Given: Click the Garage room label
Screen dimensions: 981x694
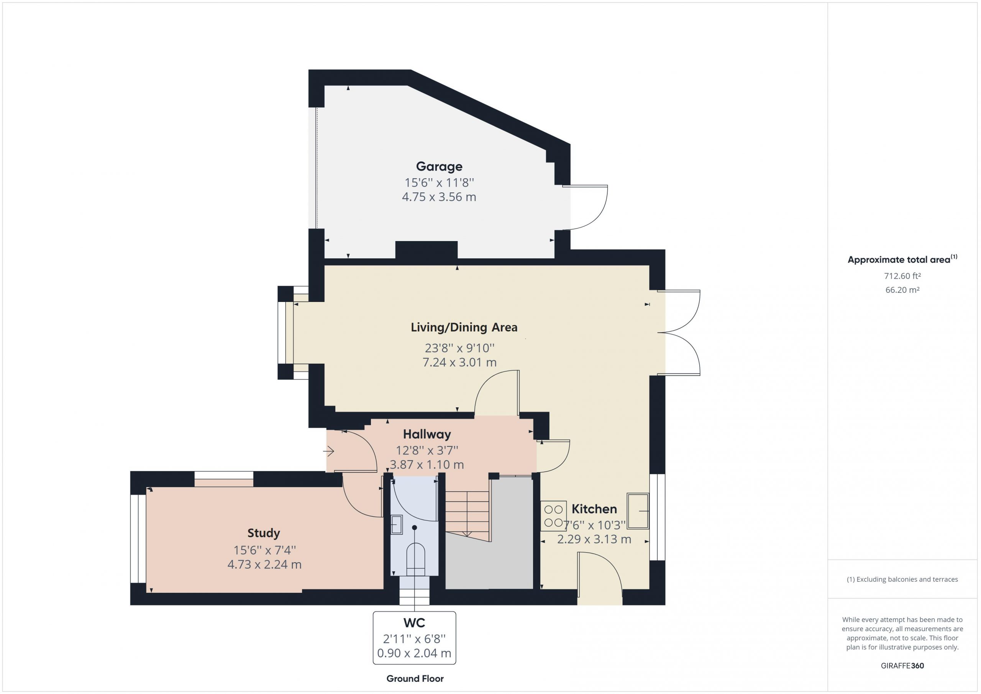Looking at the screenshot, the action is [x=439, y=167].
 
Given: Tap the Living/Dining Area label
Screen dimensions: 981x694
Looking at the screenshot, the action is [x=464, y=327].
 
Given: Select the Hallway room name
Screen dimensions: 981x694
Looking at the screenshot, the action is [x=427, y=435].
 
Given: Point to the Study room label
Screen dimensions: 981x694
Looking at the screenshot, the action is [x=264, y=533].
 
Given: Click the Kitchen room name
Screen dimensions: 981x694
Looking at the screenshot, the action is [x=594, y=509].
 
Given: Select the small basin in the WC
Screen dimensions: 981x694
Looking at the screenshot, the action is [x=397, y=524].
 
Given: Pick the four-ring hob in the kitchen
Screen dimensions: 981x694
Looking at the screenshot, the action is [x=553, y=516].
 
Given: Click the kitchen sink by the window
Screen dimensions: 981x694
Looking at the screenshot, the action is [x=638, y=511].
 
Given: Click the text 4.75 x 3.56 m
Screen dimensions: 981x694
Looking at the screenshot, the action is [x=439, y=197].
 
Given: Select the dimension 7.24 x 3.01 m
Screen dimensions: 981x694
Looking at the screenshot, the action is [x=459, y=363].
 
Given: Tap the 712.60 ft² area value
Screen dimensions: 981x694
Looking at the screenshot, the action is [x=902, y=276].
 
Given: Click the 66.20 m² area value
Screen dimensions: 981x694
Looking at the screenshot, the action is [x=902, y=290].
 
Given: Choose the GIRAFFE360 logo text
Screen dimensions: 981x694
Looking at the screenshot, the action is [x=902, y=666].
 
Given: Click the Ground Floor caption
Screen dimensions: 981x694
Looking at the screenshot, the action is [x=415, y=679].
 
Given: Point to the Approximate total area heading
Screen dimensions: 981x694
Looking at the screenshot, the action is [x=902, y=259].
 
